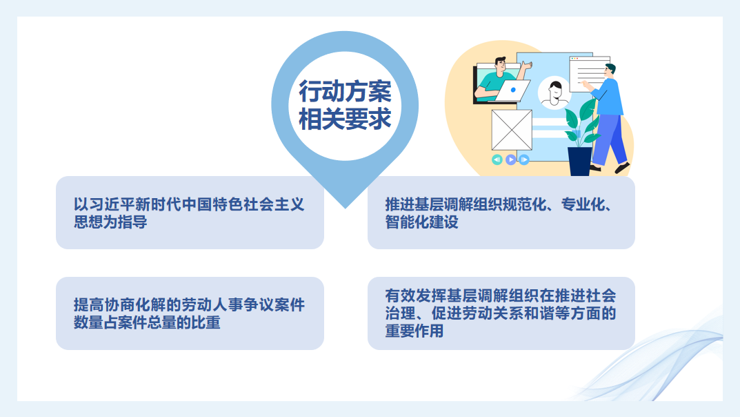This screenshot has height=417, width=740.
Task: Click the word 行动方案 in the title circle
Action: point(345,91)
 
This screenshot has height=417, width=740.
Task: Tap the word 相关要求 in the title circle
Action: point(345,119)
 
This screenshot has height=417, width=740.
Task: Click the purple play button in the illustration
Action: point(510,159)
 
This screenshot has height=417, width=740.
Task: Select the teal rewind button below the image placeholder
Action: point(497,159)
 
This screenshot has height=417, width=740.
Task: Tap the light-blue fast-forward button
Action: point(524,159)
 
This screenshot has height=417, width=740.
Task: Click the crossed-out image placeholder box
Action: point(512,130)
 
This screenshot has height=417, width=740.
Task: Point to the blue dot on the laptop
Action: point(513,90)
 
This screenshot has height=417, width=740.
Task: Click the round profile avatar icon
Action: point(554,93)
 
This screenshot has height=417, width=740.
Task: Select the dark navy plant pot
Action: point(579,162)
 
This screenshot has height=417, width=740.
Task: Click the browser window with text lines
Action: point(589,74)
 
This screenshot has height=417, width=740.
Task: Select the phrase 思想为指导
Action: point(110,222)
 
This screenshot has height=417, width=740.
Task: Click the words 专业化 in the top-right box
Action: point(583,204)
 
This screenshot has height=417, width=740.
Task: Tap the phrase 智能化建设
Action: point(422,222)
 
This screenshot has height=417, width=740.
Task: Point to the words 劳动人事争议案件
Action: point(243,305)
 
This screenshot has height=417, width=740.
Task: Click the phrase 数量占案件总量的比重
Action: point(147,322)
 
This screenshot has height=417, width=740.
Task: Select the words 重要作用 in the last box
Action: point(414,331)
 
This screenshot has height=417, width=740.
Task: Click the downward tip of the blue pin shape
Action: point(345,208)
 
